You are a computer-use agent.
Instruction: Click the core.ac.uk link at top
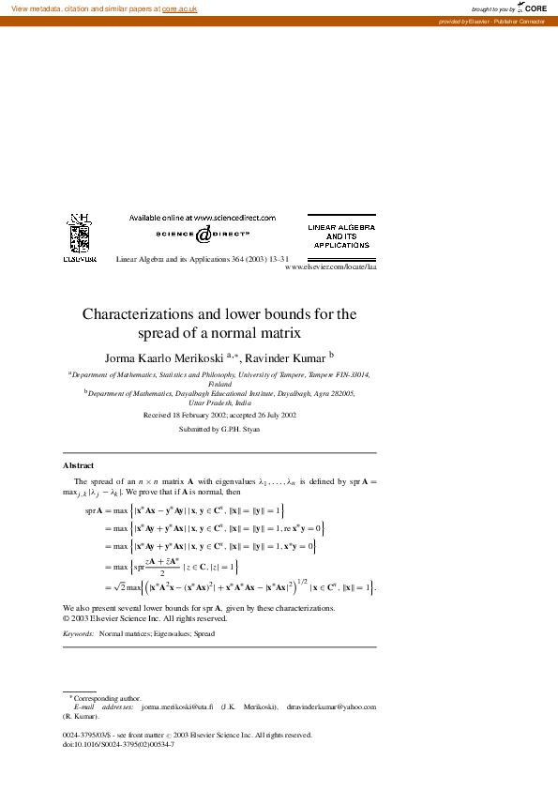click(x=179, y=8)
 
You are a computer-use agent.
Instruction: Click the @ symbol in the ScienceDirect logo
click(x=203, y=235)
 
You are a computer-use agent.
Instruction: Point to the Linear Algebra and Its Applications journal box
click(x=341, y=235)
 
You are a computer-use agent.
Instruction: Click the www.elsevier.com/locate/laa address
click(x=329, y=266)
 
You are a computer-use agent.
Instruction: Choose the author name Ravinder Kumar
click(x=285, y=357)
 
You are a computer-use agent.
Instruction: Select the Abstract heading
click(x=78, y=465)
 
